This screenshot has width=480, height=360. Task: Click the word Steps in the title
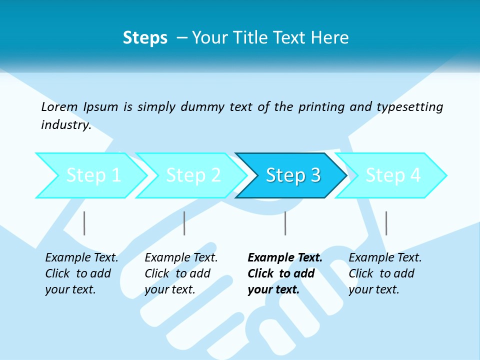pyautogui.click(x=145, y=38)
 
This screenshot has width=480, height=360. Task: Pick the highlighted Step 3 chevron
pyautogui.click(x=292, y=175)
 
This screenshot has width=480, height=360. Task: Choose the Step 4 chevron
pyautogui.click(x=392, y=175)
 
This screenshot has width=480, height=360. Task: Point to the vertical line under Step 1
pyautogui.click(x=84, y=223)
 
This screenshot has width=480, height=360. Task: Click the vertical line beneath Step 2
pyautogui.click(x=184, y=223)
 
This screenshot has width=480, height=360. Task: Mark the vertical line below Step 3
pyautogui.click(x=285, y=223)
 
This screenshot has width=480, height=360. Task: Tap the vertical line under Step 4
pyautogui.click(x=386, y=223)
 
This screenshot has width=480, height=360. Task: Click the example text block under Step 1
pyautogui.click(x=81, y=273)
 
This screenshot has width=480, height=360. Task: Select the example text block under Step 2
pyautogui.click(x=181, y=273)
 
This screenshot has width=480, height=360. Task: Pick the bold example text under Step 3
pyautogui.click(x=284, y=273)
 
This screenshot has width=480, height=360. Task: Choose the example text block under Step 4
pyautogui.click(x=385, y=273)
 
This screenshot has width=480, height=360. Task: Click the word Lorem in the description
pyautogui.click(x=59, y=107)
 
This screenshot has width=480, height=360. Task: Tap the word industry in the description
pyautogui.click(x=65, y=125)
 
